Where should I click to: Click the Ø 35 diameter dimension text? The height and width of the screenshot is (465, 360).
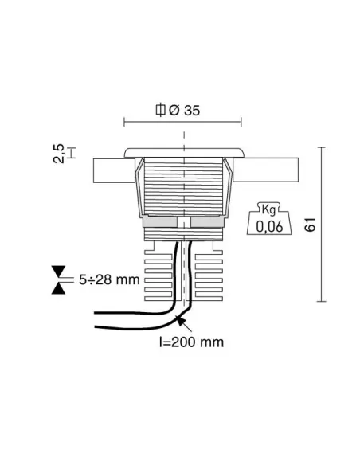(x=186, y=110)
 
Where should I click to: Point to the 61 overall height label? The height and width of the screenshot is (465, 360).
(x=311, y=224)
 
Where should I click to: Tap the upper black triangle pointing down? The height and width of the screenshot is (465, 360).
(x=58, y=271)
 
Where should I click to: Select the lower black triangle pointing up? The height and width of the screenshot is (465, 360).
(x=58, y=289)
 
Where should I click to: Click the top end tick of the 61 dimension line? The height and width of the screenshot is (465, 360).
(x=321, y=147)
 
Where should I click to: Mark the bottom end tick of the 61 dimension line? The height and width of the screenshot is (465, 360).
(x=321, y=302)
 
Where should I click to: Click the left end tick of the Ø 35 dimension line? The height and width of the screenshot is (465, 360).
(x=126, y=122)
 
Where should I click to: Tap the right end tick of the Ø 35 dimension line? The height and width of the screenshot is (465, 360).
(x=241, y=122)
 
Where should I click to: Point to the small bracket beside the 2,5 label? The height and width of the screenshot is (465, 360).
(x=71, y=151)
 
